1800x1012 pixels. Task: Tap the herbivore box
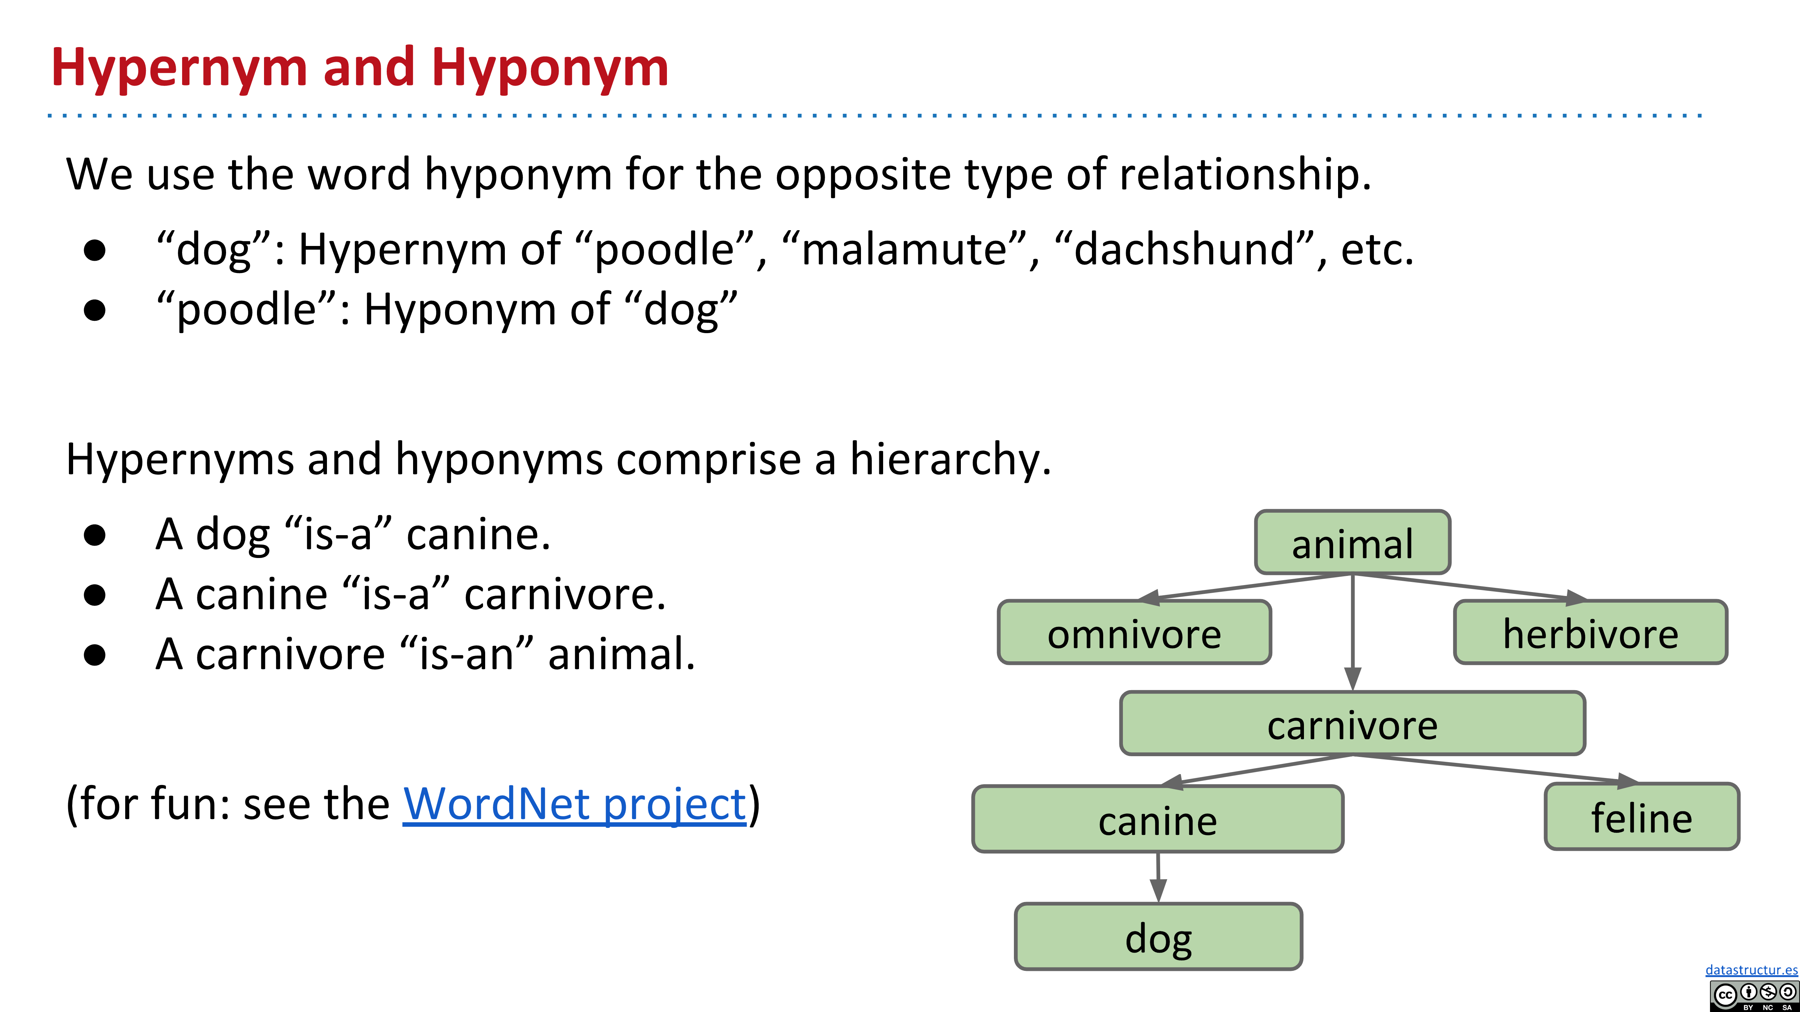click(x=1590, y=632)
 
